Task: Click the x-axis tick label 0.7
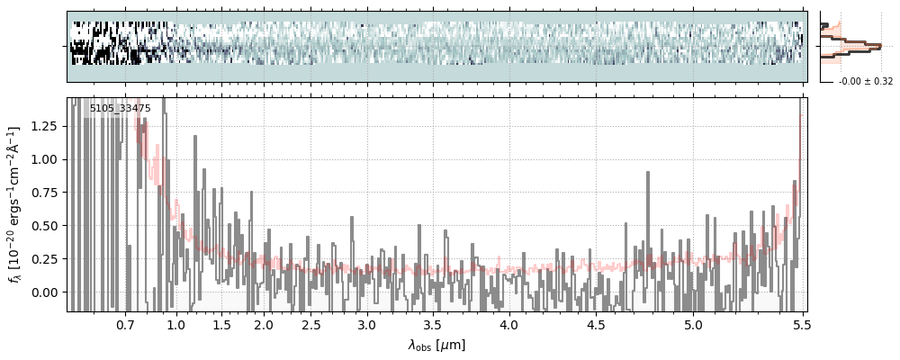coord(125,324)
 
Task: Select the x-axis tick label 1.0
coord(176,324)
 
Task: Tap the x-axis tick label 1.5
coord(221,324)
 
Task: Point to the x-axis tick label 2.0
coord(264,324)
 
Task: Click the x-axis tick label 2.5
coord(311,324)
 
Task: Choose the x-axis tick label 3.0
coord(366,324)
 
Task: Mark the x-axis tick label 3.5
coord(433,324)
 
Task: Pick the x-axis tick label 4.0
coord(508,324)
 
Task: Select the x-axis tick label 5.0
coord(693,324)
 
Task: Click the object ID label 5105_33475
coord(120,109)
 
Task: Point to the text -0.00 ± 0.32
coord(866,82)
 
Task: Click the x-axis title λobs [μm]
coord(436,345)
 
